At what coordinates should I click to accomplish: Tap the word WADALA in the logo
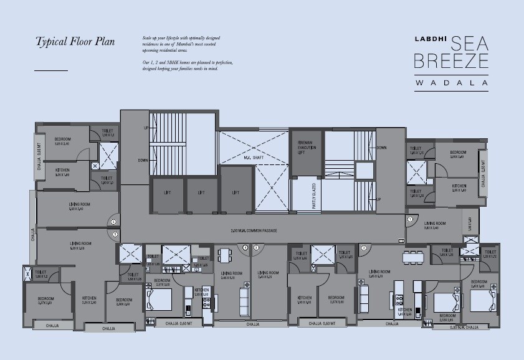click(x=452, y=82)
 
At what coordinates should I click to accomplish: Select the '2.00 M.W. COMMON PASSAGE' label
click(x=254, y=231)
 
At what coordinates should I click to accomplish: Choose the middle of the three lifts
click(x=201, y=193)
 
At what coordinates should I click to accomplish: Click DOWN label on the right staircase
click(x=382, y=148)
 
